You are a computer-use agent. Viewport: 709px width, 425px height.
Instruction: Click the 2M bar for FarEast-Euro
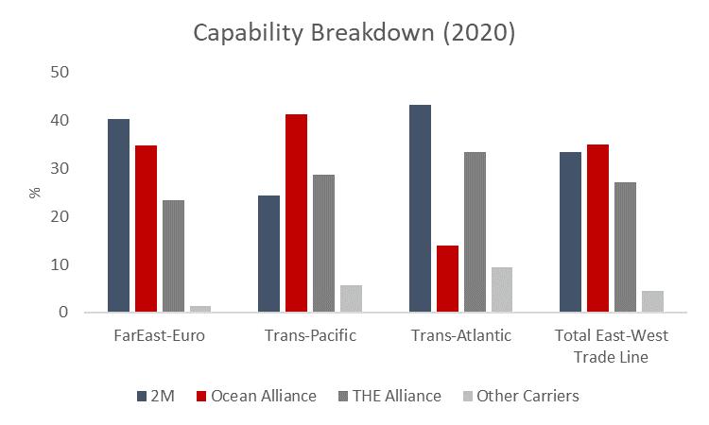(118, 215)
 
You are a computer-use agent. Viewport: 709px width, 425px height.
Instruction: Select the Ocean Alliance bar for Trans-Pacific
(296, 212)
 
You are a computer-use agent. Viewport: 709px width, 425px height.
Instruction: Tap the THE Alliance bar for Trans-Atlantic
(475, 231)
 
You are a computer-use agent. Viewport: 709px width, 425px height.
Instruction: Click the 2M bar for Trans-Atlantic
(420, 208)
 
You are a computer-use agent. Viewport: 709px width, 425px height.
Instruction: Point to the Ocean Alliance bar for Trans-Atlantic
(447, 279)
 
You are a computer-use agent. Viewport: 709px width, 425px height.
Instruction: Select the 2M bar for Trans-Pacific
(268, 253)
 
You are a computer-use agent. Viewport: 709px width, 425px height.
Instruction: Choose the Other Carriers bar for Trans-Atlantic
(502, 289)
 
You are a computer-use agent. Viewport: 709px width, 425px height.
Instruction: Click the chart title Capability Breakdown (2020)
(354, 32)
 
